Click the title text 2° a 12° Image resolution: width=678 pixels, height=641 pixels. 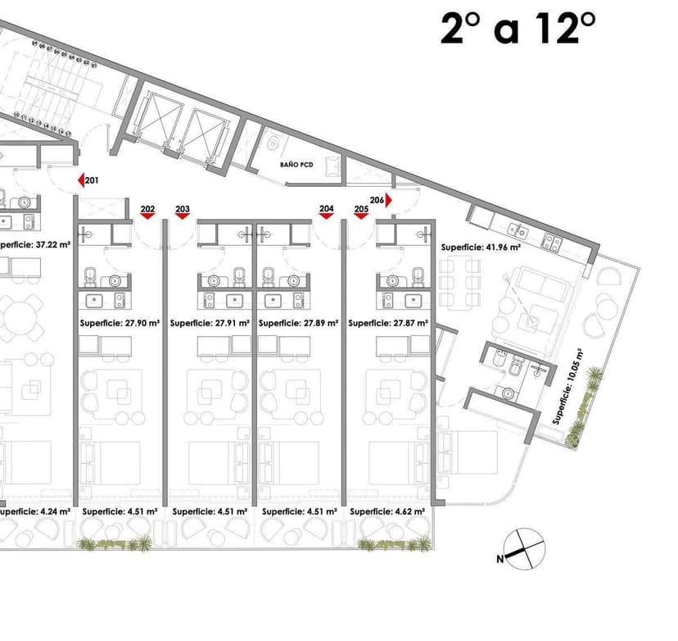click(x=518, y=29)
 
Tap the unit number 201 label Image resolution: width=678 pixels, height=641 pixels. click(x=92, y=180)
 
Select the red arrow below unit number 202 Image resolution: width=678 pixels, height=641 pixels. click(x=148, y=216)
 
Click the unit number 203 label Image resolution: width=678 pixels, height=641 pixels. click(x=183, y=209)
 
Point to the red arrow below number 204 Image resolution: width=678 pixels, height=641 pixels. click(x=327, y=216)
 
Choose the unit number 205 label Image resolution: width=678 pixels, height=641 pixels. click(x=361, y=209)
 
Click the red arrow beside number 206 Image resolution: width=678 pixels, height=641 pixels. click(x=389, y=200)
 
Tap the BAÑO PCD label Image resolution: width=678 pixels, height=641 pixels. click(x=296, y=165)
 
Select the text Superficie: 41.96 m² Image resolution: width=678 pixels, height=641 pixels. click(x=481, y=248)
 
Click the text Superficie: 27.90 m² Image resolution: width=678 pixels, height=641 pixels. click(x=120, y=323)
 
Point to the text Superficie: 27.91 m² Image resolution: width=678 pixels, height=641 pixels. click(x=210, y=323)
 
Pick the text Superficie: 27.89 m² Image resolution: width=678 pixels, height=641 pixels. click(x=298, y=323)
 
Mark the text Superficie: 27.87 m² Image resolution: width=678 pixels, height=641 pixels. click(x=388, y=323)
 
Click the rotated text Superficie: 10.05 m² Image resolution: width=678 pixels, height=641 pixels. click(x=567, y=387)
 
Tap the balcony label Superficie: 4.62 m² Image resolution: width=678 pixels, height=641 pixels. click(x=387, y=511)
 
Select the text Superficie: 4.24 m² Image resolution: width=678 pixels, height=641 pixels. click(x=34, y=511)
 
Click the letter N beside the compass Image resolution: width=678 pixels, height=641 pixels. click(x=500, y=559)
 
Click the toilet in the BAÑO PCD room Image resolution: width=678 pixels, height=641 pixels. click(x=273, y=141)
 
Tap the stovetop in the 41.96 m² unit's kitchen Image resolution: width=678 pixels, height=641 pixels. click(x=552, y=243)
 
